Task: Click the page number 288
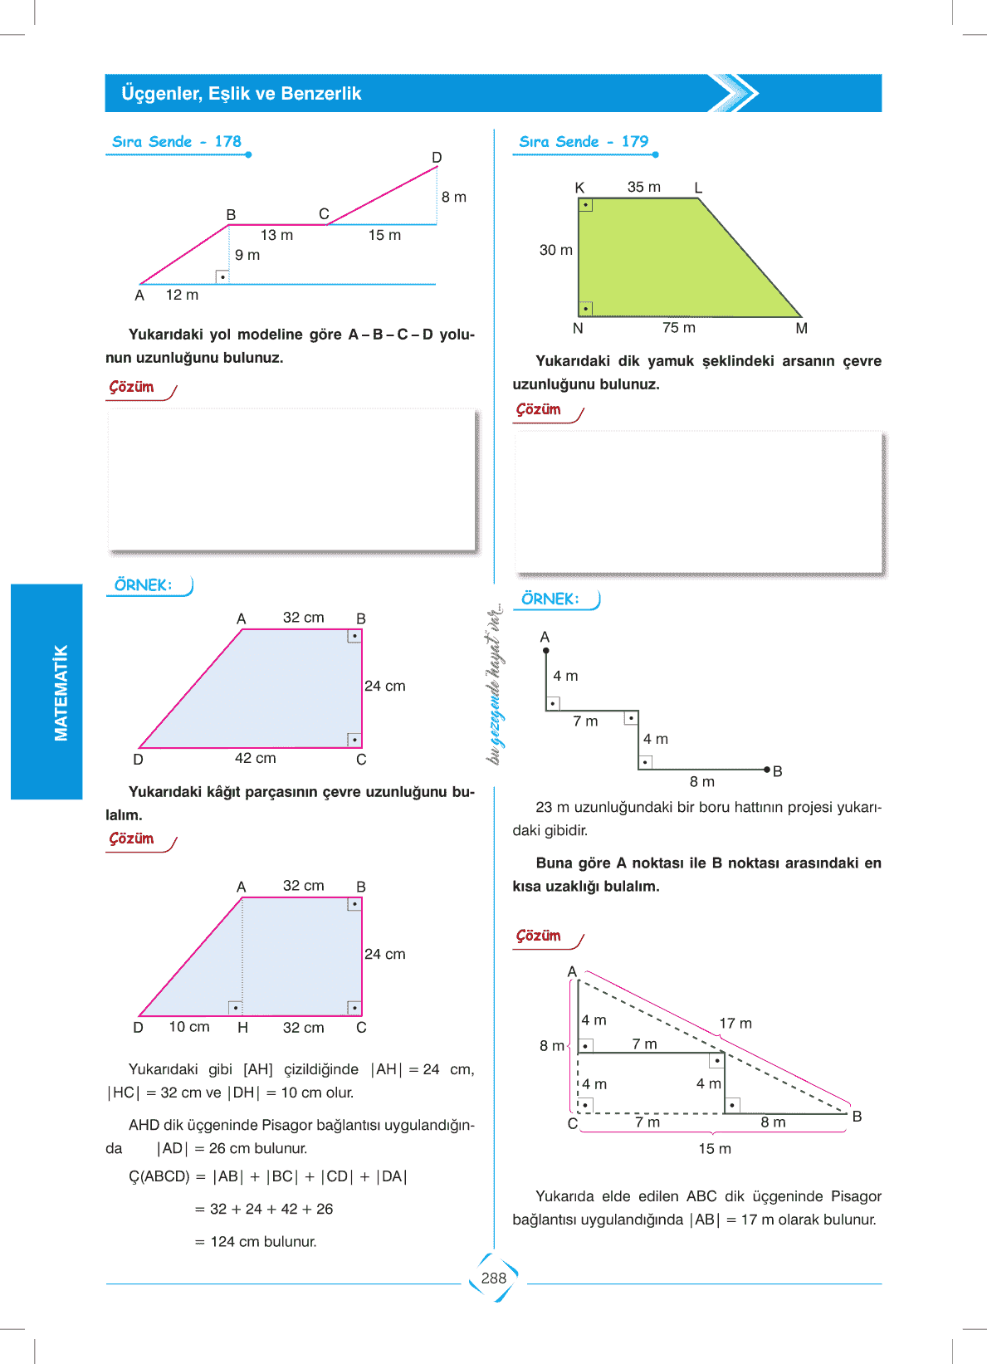pyautogui.click(x=493, y=1278)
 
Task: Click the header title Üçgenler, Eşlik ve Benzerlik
pyautogui.click(x=242, y=94)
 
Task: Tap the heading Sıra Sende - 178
pyautogui.click(x=177, y=142)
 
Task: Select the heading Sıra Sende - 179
pyautogui.click(x=584, y=142)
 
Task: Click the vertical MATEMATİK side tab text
pyautogui.click(x=61, y=692)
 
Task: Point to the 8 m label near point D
pyautogui.click(x=454, y=198)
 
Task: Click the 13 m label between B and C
pyautogui.click(x=276, y=236)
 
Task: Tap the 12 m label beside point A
pyautogui.click(x=182, y=295)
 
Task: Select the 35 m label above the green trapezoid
pyautogui.click(x=644, y=188)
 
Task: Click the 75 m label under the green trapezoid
pyautogui.click(x=679, y=328)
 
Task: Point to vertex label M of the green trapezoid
pyautogui.click(x=801, y=329)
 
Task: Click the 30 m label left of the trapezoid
pyautogui.click(x=556, y=250)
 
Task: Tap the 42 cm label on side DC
pyautogui.click(x=255, y=758)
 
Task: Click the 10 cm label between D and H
pyautogui.click(x=189, y=1027)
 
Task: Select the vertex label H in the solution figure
pyautogui.click(x=242, y=1028)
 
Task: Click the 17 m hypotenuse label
pyautogui.click(x=735, y=1024)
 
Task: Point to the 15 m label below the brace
pyautogui.click(x=715, y=1149)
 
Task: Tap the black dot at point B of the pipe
pyautogui.click(x=767, y=770)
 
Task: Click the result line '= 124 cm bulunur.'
pyautogui.click(x=256, y=1242)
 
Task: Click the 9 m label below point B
pyautogui.click(x=247, y=256)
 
